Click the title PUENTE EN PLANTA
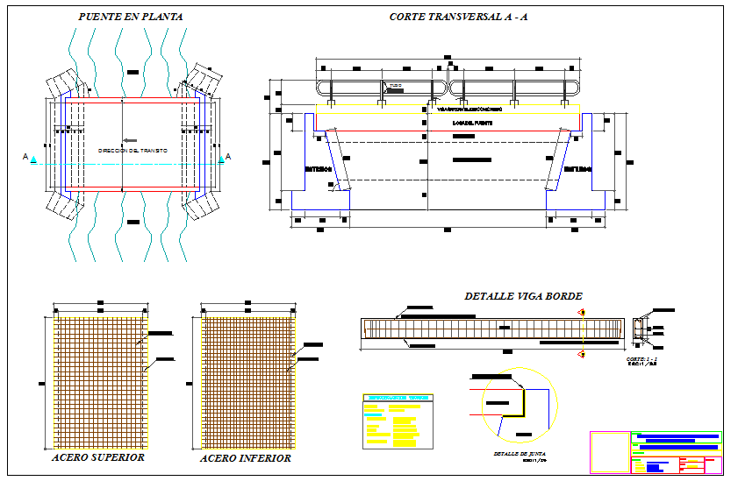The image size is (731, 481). pos(131,17)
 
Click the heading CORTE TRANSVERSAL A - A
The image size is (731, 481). pos(458,17)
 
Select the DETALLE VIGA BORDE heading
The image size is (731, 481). pos(523,296)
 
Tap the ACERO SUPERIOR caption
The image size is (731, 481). pos(98,456)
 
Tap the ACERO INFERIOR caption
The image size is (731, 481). pos(245,457)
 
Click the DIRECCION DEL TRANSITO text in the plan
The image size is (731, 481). pos(133,151)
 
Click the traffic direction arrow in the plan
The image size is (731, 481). pos(130,140)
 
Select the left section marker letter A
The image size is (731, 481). pos(26,157)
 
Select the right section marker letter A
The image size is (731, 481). pos(228,157)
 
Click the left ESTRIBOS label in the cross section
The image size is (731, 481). pos(319,168)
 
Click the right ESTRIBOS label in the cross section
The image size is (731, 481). pos(578,168)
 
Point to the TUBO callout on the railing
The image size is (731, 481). pos(395,85)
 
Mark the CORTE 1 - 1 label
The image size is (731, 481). pos(641,358)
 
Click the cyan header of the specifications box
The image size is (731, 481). pos(397,398)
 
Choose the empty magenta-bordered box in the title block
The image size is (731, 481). pos(609,452)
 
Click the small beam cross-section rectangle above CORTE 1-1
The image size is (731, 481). pos(638,329)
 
